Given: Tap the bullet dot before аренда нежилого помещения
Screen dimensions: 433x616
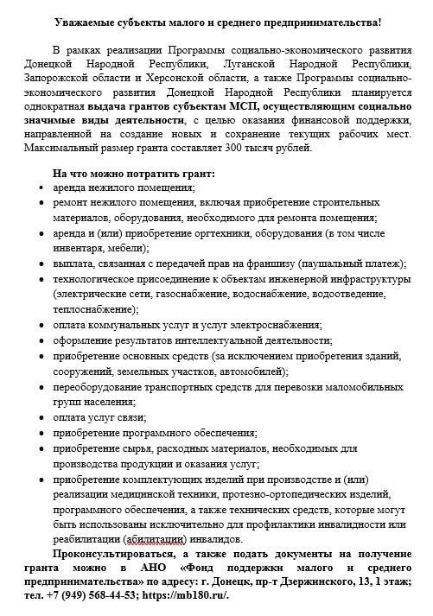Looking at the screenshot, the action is click(44, 188).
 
